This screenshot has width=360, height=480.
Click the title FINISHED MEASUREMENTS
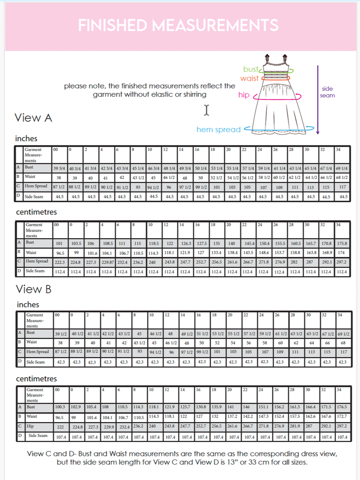click(x=178, y=26)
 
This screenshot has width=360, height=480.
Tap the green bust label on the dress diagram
click(x=250, y=69)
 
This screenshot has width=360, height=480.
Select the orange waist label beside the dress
click(x=249, y=78)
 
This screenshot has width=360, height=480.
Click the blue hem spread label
click(x=218, y=130)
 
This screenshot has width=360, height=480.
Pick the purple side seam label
click(x=327, y=92)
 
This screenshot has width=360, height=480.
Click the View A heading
click(x=33, y=118)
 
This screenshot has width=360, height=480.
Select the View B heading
click(x=33, y=289)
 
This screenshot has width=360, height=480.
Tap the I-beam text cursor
click(x=206, y=110)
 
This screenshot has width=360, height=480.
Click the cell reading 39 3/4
click(x=60, y=168)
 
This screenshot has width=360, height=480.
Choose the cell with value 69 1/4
click(x=342, y=168)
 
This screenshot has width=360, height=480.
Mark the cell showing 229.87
click(x=107, y=262)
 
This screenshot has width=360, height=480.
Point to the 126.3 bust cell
click(x=186, y=244)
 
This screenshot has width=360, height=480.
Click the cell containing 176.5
click(x=342, y=407)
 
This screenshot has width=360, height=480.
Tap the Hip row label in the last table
click(x=30, y=426)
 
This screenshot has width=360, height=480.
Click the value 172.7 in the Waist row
click(x=342, y=416)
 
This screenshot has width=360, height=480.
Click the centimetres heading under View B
click(x=36, y=379)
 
